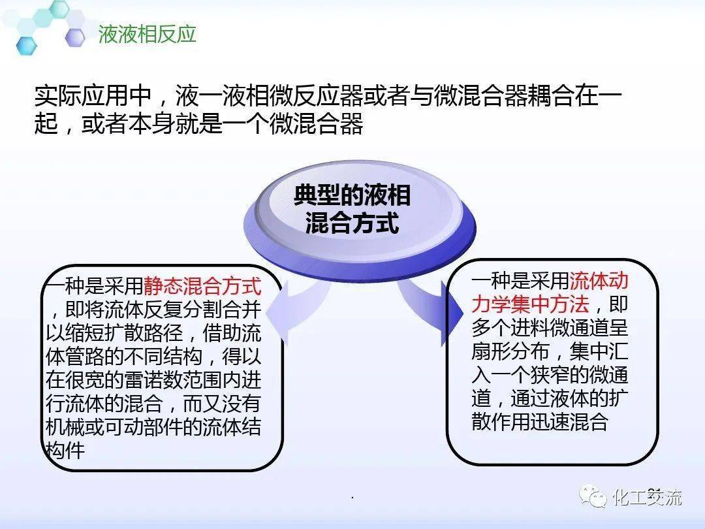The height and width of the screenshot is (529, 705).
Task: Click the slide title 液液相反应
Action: tap(147, 34)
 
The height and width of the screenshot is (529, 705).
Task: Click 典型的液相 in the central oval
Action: tap(352, 195)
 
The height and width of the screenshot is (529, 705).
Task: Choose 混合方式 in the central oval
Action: tap(352, 223)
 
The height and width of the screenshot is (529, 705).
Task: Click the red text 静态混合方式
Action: tap(202, 285)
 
